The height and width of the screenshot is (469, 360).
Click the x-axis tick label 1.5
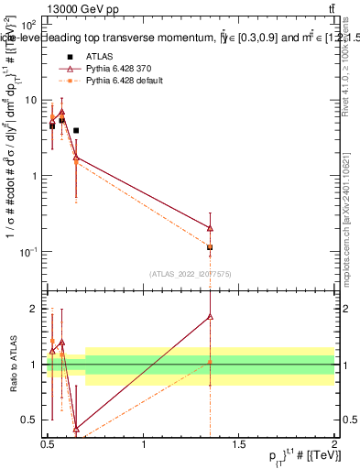pyautogui.click(x=239, y=445)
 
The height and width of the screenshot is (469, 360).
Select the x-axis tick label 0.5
pyautogui.click(x=48, y=445)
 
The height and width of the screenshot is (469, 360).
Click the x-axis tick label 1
pyautogui.click(x=144, y=445)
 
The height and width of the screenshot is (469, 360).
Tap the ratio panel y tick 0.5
pyautogui.click(x=30, y=420)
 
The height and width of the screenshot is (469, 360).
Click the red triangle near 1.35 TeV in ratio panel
pyautogui.click(x=211, y=317)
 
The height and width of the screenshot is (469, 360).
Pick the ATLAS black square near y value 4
pyautogui.click(x=76, y=131)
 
